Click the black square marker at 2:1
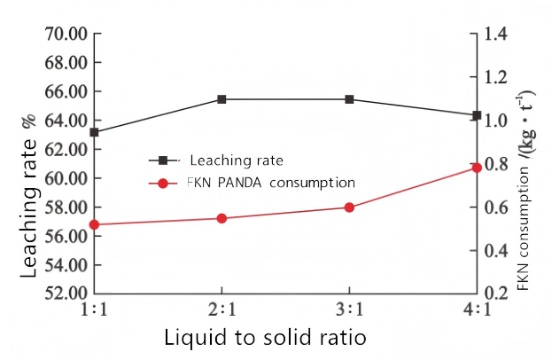[x=222, y=99]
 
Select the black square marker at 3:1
[x=349, y=99]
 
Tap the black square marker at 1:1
[x=94, y=132]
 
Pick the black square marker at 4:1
[x=477, y=115]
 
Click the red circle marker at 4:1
[x=477, y=168]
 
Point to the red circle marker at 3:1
[x=349, y=207]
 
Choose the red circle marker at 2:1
[x=222, y=218]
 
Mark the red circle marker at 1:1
[x=94, y=224]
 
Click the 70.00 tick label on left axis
[x=66, y=34]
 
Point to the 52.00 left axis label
[x=66, y=293]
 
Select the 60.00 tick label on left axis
[x=66, y=178]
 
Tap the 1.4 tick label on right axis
[x=496, y=34]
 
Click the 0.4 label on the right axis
[x=496, y=250]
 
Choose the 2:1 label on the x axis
[x=222, y=310]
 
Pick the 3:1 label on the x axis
[x=349, y=310]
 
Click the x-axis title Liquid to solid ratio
[x=265, y=338]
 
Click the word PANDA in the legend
[x=239, y=183]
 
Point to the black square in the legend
[x=163, y=160]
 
